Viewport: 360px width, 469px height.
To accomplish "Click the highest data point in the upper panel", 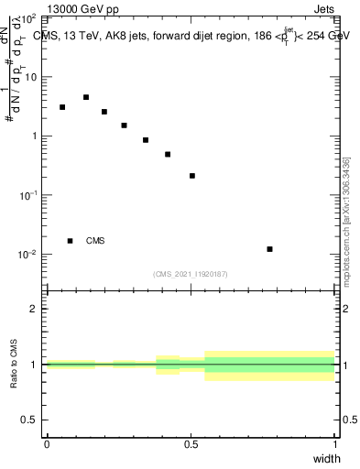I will (86, 97).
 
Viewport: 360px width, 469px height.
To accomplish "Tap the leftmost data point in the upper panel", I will (62, 107).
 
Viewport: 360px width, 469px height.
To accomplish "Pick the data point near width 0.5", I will (192, 176).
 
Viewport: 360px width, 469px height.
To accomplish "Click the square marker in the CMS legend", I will (71, 241).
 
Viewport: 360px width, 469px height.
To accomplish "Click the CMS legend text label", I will (95, 241).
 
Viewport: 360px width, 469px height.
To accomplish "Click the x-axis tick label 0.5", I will (191, 444).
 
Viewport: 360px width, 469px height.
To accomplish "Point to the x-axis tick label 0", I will (47, 444).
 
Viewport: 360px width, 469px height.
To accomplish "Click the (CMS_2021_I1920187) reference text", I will (191, 274).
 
